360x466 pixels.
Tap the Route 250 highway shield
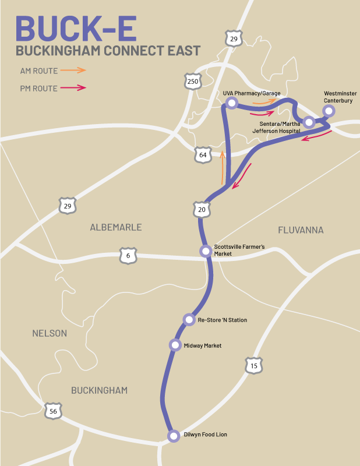pyautogui.click(x=193, y=81)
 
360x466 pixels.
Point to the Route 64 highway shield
pyautogui.click(x=202, y=155)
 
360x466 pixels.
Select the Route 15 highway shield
pyautogui.click(x=253, y=366)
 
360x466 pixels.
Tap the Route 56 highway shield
pyautogui.click(x=53, y=411)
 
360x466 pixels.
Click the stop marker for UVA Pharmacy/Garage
pyautogui.click(x=232, y=103)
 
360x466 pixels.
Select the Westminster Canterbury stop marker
pyautogui.click(x=329, y=111)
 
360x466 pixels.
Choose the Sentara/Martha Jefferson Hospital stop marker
pyautogui.click(x=309, y=122)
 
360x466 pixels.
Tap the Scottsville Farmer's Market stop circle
pyautogui.click(x=206, y=251)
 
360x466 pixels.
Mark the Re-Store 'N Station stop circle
pyautogui.click(x=189, y=319)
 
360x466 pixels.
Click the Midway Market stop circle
pyautogui.click(x=175, y=345)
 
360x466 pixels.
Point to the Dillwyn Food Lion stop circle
pyautogui.click(x=173, y=436)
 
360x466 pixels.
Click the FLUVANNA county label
pyautogui.click(x=301, y=230)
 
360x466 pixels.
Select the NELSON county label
pyautogui.click(x=50, y=333)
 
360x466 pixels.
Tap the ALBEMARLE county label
pyautogui.click(x=116, y=227)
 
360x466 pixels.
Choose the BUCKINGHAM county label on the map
pyautogui.click(x=99, y=390)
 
